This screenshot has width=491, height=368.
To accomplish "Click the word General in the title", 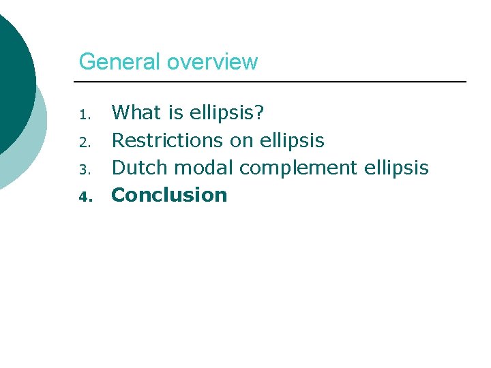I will point(120,62).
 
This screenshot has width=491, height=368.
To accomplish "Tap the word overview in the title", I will point(212,62).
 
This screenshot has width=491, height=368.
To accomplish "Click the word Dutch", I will point(137,168).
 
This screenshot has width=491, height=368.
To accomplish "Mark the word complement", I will point(298,168).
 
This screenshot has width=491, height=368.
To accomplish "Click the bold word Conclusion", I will point(169,195).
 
